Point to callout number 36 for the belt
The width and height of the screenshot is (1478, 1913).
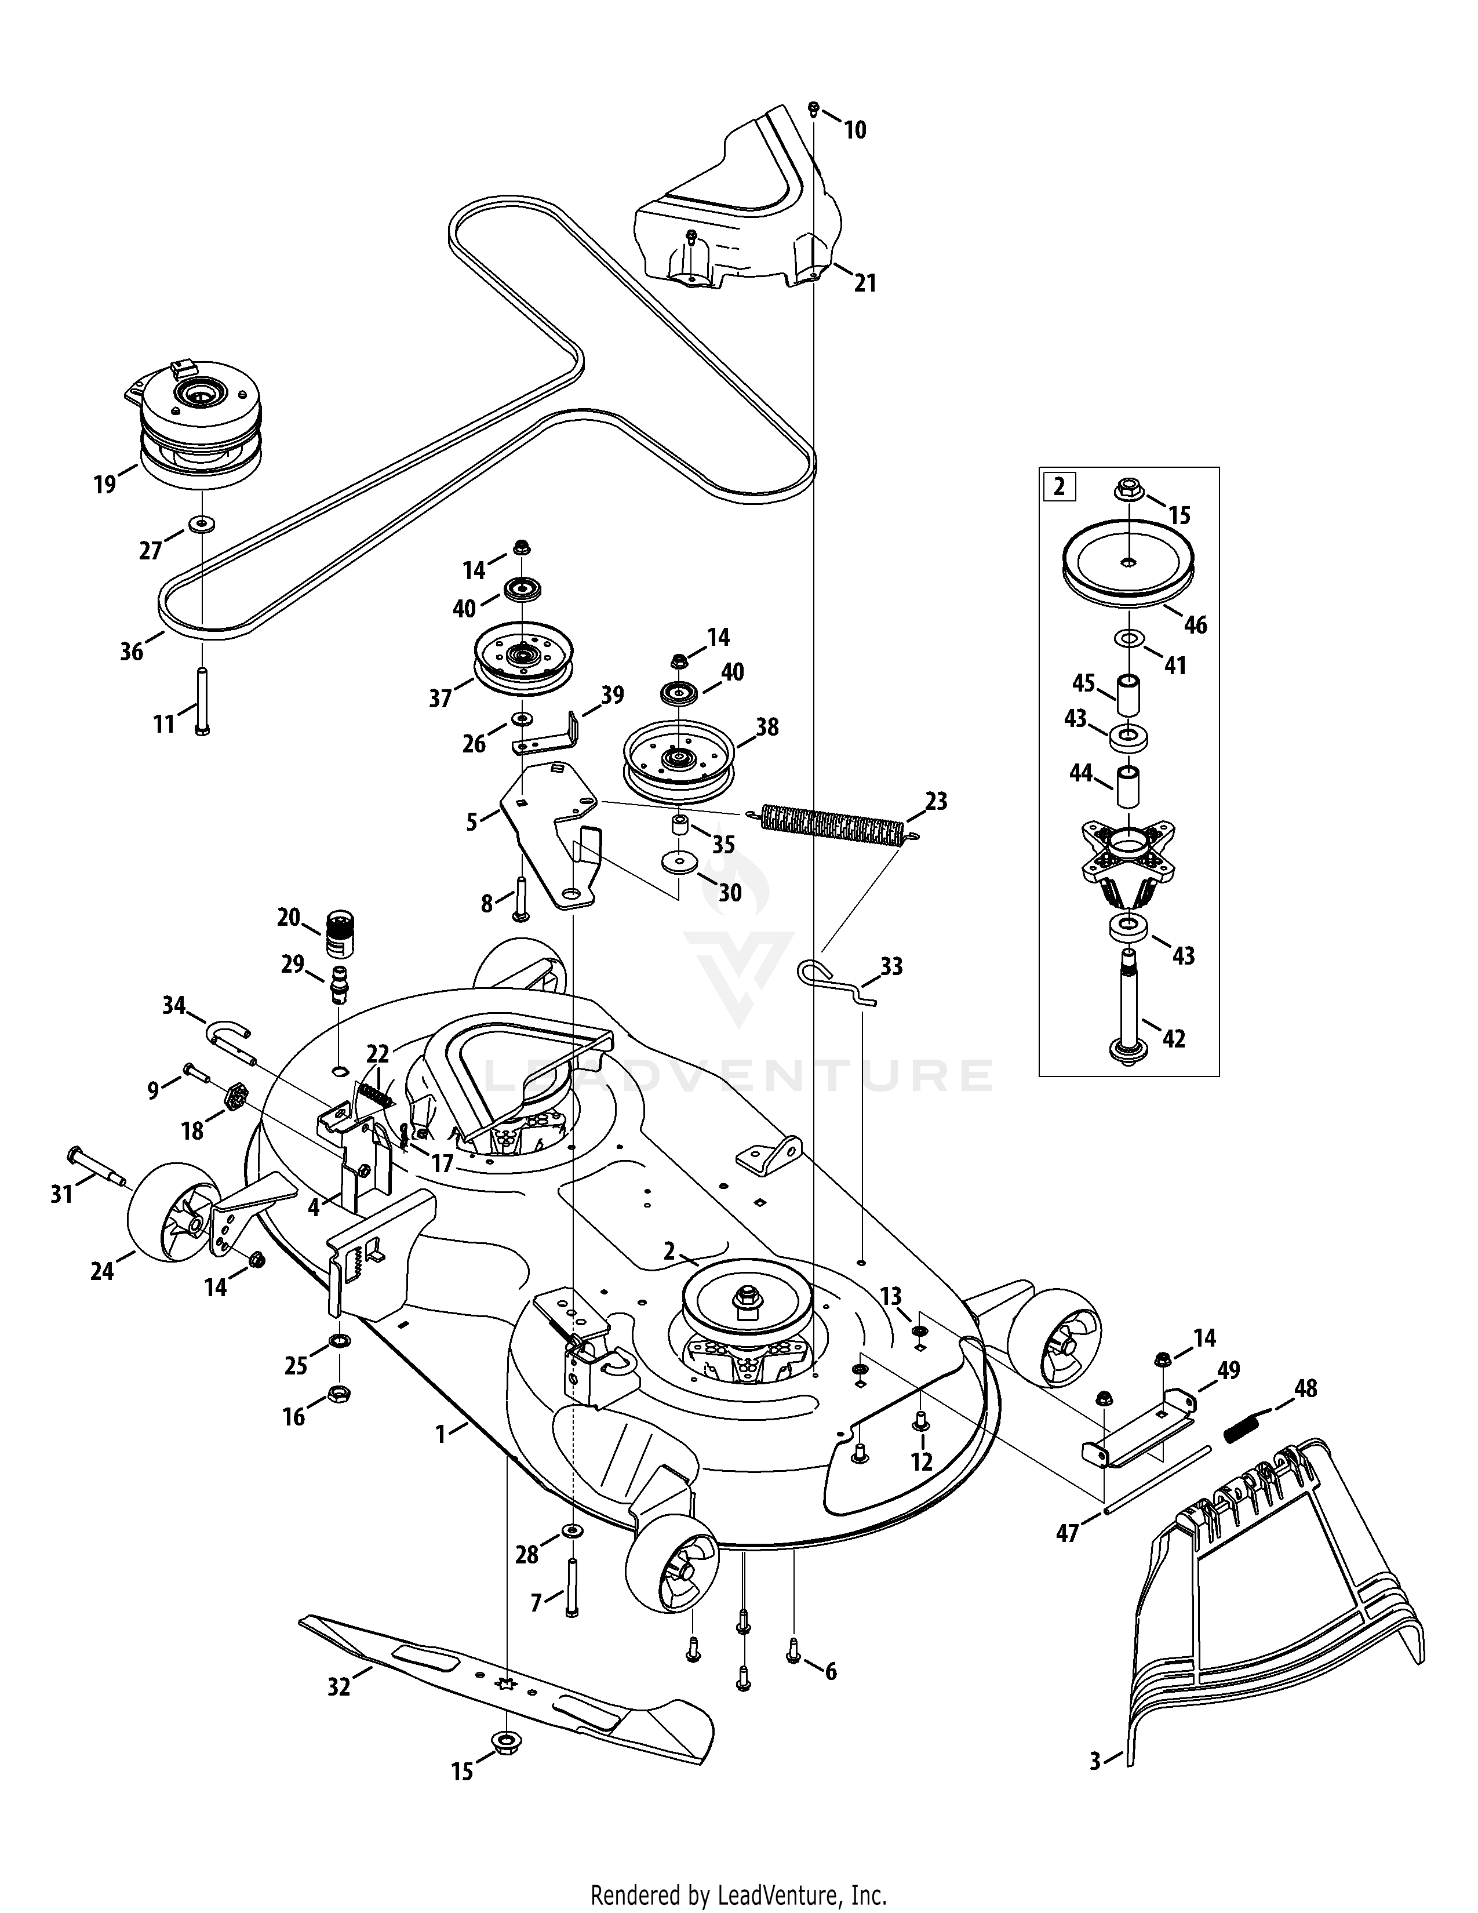tap(132, 651)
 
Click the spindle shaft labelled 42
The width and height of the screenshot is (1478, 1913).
tap(1127, 1008)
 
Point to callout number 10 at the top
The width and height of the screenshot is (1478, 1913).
tap(854, 130)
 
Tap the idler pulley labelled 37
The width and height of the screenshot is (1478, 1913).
tap(523, 661)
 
